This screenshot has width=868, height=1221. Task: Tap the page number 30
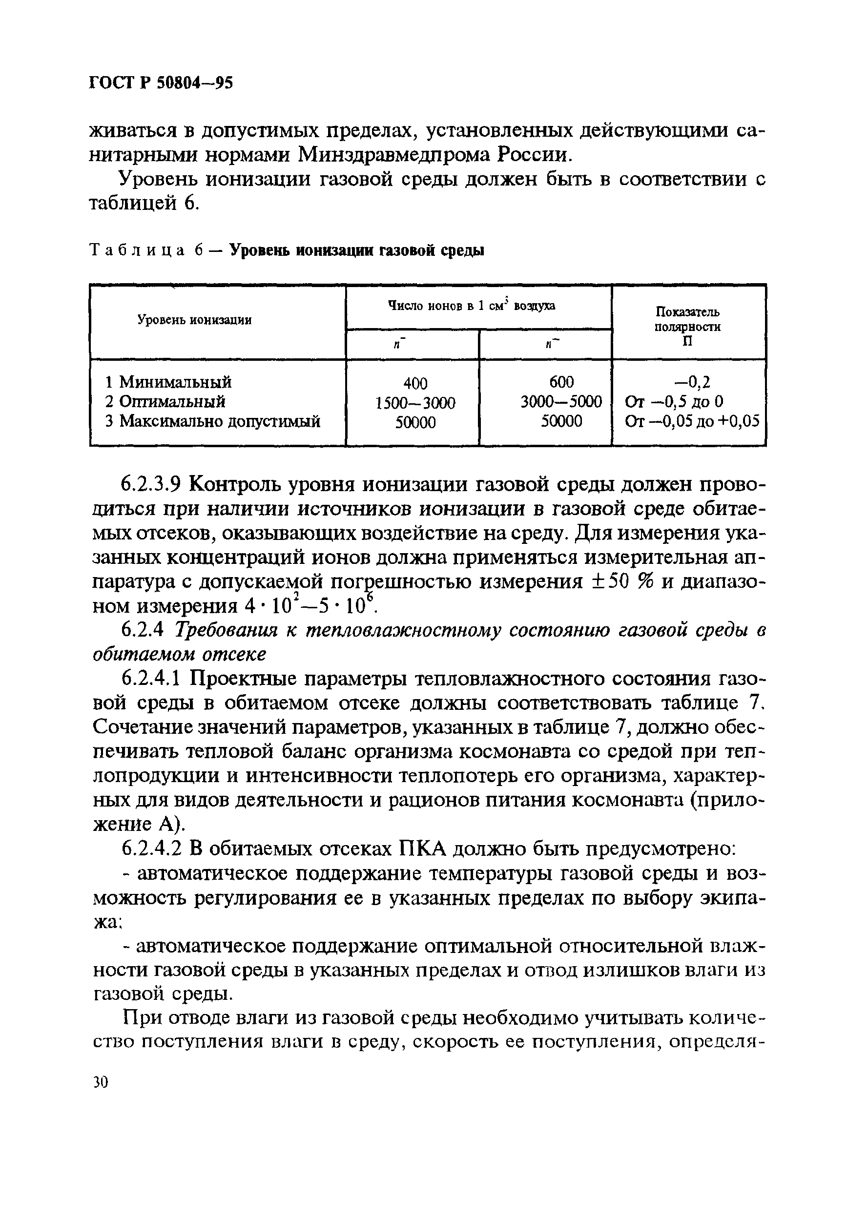click(x=101, y=1082)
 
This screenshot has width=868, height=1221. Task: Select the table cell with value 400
click(x=415, y=383)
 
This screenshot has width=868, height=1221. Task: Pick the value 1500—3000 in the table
click(x=415, y=402)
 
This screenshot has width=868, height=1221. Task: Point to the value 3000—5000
click(x=561, y=401)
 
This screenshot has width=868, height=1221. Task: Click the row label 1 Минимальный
click(x=168, y=382)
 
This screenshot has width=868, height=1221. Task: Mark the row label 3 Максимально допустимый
click(x=212, y=422)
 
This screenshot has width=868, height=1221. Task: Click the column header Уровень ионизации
click(x=195, y=320)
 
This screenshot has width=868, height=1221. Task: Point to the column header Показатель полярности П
click(x=687, y=327)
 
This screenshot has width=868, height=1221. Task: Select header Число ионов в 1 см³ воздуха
click(x=471, y=306)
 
